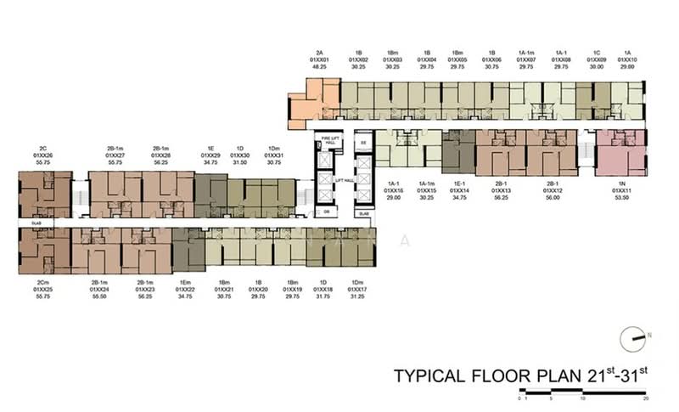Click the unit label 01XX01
click(x=319, y=59)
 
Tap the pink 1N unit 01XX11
click(x=618, y=151)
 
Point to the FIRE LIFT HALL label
click(x=327, y=140)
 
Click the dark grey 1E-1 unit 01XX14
click(x=458, y=150)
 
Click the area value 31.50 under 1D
click(x=242, y=163)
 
